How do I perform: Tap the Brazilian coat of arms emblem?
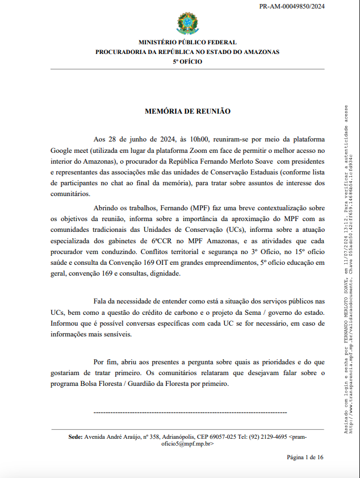pos(187,23)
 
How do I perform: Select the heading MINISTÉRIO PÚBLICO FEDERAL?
pos(187,43)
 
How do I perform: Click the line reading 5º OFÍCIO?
pos(187,61)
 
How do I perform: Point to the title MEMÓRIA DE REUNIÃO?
pos(187,111)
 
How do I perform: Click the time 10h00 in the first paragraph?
pos(200,139)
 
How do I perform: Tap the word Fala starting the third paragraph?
pos(100,301)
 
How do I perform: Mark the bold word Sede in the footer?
pos(75,422)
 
